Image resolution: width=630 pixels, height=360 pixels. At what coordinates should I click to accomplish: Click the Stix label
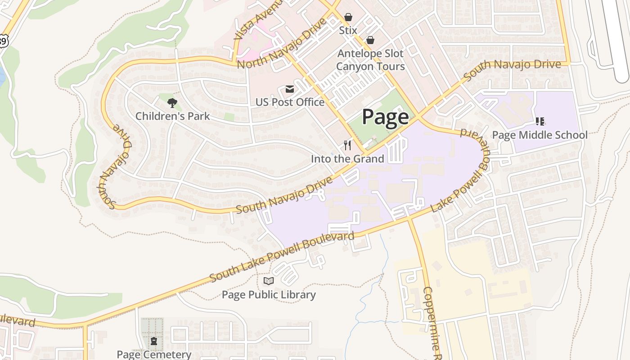(348, 31)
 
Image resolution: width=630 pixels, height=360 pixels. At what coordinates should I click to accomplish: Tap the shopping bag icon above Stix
(348, 17)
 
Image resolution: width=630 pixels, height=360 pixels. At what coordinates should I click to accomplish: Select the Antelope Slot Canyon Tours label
(370, 60)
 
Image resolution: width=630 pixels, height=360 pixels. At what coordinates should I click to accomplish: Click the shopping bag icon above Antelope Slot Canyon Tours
(370, 40)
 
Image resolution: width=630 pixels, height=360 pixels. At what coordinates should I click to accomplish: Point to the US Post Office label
(290, 102)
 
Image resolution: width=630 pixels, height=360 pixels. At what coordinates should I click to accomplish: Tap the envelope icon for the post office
(289, 89)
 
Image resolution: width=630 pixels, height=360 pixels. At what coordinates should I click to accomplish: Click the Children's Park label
(172, 116)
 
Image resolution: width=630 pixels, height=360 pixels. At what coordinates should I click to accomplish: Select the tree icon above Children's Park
(172, 103)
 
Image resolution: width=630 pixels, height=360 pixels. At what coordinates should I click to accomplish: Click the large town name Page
(385, 117)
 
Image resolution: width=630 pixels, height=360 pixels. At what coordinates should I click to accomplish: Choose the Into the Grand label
(347, 159)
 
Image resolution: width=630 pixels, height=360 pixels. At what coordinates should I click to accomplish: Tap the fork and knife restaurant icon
(347, 145)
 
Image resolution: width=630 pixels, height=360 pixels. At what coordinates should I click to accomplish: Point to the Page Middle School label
(540, 135)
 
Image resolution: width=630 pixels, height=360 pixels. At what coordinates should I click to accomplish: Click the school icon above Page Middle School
(540, 121)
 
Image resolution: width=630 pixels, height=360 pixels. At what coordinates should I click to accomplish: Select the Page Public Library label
(269, 295)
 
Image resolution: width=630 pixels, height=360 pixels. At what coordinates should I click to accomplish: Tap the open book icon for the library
(269, 281)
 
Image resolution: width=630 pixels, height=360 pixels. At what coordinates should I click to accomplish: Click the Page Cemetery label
(154, 354)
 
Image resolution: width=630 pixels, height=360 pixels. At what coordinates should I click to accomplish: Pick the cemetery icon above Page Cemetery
(154, 341)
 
